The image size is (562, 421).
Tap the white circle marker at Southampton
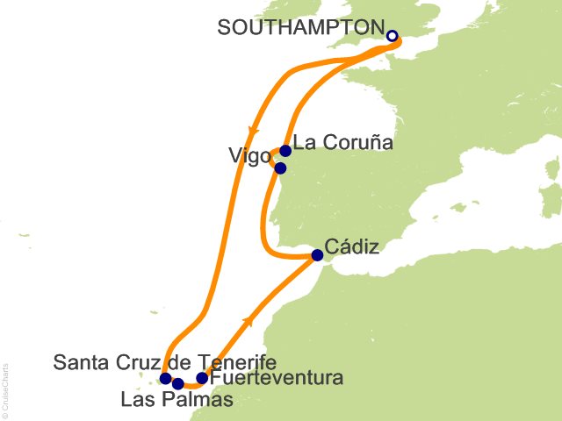point(393,37)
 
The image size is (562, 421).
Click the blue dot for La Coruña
point(285,151)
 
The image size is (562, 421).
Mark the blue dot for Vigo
point(280,168)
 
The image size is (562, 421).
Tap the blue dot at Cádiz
point(317,256)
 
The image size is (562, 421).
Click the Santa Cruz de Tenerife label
point(165,361)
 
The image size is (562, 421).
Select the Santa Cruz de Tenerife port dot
point(165,379)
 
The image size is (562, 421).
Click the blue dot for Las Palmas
point(178,383)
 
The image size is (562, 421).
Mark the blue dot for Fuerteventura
point(202,379)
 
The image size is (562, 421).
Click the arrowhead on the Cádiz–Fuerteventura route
point(252,319)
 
